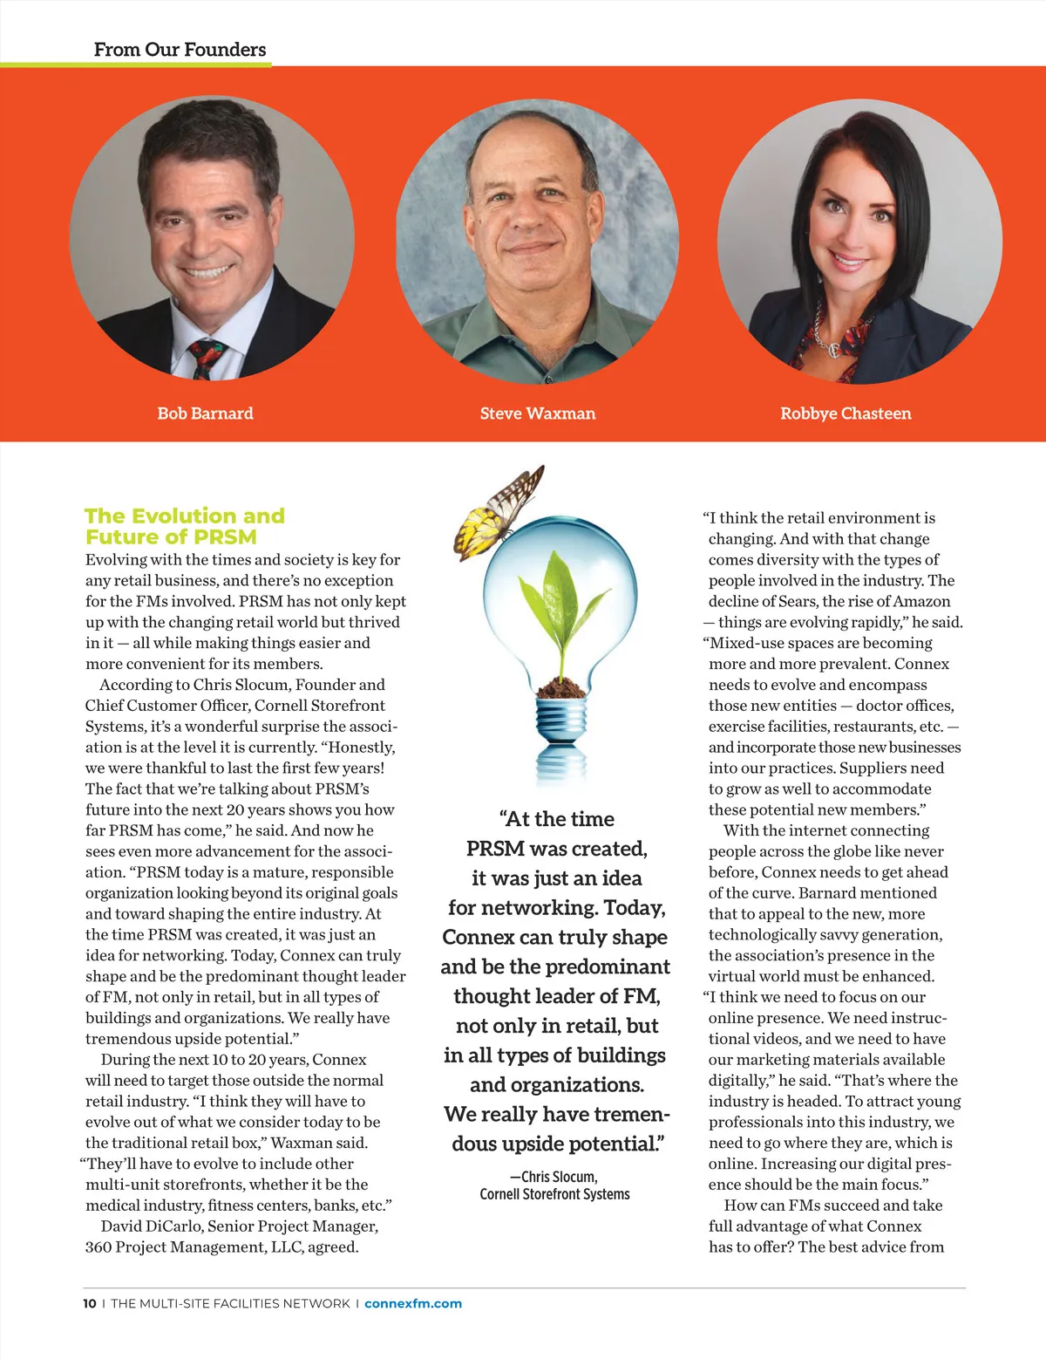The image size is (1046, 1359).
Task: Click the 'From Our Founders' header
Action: (x=180, y=50)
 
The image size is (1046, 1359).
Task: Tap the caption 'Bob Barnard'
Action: (x=205, y=413)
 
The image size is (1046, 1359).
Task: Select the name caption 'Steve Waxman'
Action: (x=537, y=413)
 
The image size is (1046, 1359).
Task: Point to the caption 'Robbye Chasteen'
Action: (x=846, y=413)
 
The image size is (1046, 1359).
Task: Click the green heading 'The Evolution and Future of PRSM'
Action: (x=185, y=526)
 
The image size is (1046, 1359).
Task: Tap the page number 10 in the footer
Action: (x=90, y=1303)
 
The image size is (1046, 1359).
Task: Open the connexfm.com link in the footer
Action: (x=413, y=1303)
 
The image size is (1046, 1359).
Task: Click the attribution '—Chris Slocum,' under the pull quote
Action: (x=554, y=1177)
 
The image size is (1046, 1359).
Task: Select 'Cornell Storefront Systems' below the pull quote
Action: (x=554, y=1194)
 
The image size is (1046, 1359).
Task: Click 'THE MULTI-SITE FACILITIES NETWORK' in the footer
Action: (x=230, y=1303)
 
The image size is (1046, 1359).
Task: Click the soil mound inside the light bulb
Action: (x=560, y=688)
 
